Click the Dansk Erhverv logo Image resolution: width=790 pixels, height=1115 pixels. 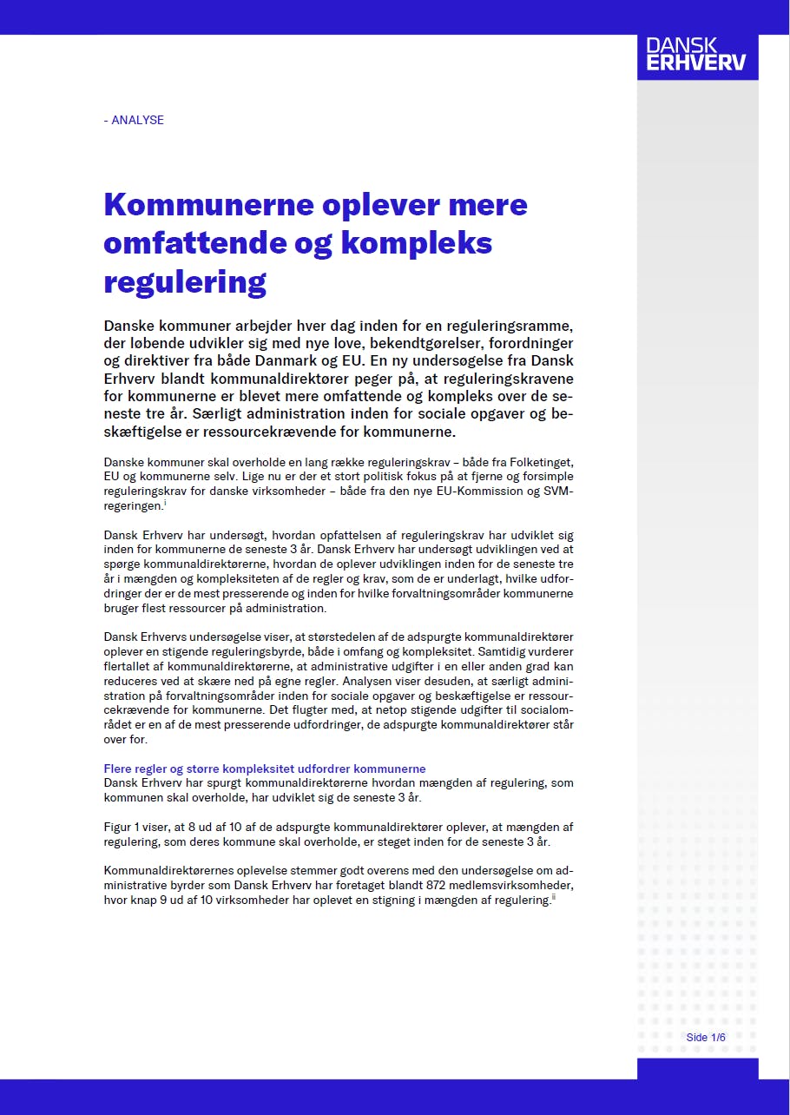pos(696,55)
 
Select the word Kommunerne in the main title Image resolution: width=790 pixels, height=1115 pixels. pos(208,205)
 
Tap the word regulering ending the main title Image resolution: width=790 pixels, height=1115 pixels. pos(184,281)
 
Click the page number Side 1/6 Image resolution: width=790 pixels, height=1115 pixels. pos(705,1037)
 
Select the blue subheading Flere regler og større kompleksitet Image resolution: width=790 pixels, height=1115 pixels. pos(264,769)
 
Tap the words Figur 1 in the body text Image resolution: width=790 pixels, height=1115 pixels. pos(121,828)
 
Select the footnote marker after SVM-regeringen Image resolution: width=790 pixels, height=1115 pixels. pos(164,503)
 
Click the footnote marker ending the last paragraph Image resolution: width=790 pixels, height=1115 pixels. pos(553,897)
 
